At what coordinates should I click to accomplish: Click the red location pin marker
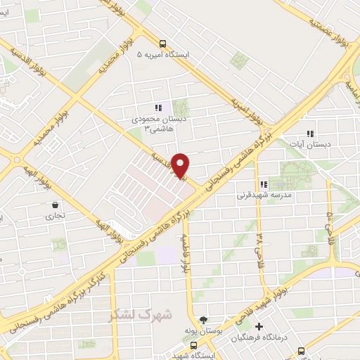[181, 165]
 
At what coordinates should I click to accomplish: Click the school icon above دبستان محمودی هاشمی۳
[158, 108]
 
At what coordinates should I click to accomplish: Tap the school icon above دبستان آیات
[309, 134]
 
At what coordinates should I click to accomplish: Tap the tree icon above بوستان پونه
[205, 319]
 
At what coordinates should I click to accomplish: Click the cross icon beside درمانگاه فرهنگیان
[260, 326]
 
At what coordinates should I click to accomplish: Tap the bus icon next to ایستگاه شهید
[195, 345]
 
